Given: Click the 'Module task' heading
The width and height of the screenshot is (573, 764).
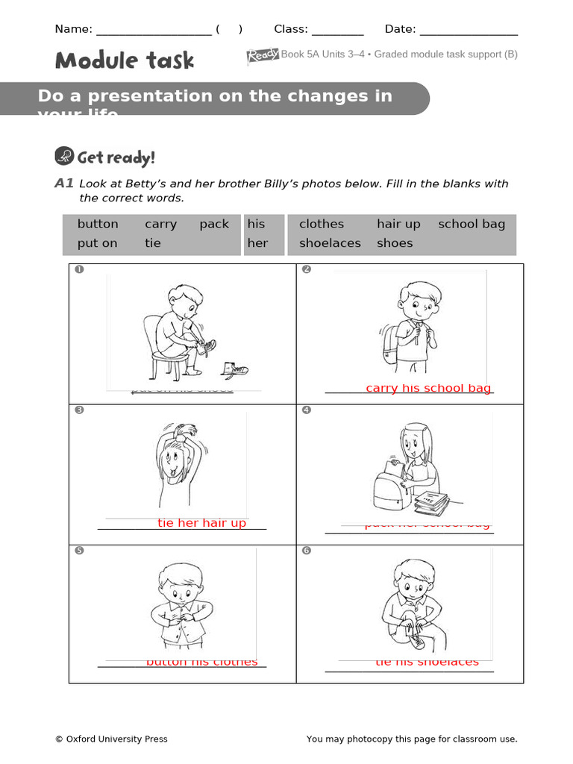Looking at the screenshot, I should coord(125,60).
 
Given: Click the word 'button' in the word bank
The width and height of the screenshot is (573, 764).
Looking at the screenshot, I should coord(98,224).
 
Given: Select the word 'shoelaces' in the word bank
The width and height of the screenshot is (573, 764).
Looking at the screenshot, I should coord(330,243).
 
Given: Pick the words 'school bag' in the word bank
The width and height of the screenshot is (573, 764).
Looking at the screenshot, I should coord(472,224).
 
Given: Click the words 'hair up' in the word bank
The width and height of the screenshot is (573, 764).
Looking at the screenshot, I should coord(398,224).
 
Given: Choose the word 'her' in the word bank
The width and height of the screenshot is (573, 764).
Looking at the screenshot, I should coord(257,243).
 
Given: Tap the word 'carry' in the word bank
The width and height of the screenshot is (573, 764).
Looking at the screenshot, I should coord(160,224).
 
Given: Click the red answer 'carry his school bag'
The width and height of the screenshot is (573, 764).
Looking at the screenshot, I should coord(428,388).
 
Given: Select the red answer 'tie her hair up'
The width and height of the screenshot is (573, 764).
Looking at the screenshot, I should coord(201,523).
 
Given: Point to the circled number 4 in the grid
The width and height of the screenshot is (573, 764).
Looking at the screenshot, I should coord(306,410).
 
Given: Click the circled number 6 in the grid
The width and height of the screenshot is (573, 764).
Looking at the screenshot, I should coord(306,551).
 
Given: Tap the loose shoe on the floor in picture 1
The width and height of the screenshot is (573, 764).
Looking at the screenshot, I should coord(236,369).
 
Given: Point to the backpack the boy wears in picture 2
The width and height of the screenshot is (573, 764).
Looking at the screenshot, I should coord(389,345).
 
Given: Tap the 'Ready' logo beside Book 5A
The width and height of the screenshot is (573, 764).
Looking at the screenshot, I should coord(263,55).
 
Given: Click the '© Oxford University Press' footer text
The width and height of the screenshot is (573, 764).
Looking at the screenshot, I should coord(111,739).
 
